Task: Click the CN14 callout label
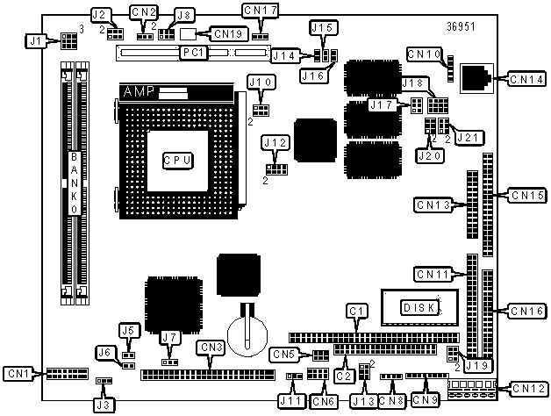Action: coord(527,80)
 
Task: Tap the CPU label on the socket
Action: coord(178,161)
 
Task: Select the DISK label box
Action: coord(420,308)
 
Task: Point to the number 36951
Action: coord(461,26)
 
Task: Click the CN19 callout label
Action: coord(229,34)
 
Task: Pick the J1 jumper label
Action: coord(36,41)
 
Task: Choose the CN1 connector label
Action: coord(18,374)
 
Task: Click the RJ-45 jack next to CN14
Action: coord(476,78)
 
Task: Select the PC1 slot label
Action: coord(194,53)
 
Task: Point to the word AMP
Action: coord(139,92)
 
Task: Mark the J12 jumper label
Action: coord(275,143)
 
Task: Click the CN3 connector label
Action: coord(212,348)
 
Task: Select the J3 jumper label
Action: coord(104,405)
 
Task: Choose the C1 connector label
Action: coord(358,311)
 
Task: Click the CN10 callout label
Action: coord(425,54)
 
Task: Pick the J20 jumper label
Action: coord(430,155)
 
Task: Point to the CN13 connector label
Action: coord(433,205)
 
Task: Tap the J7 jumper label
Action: coord(170,338)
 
